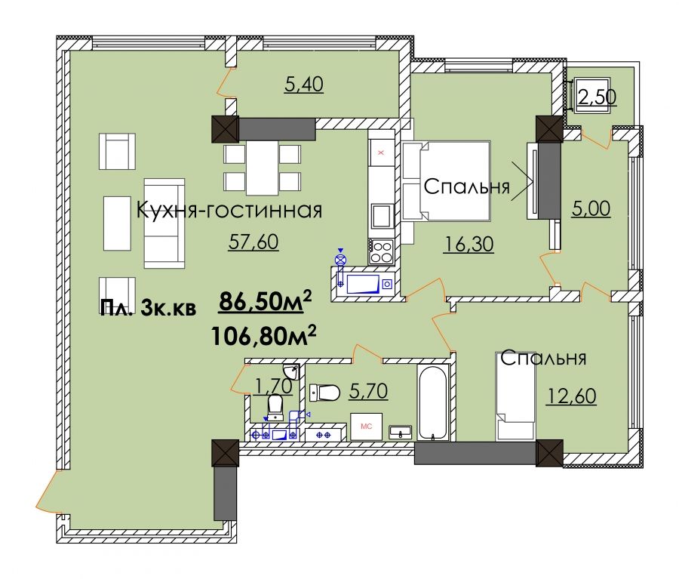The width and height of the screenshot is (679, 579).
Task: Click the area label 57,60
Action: coord(253,242)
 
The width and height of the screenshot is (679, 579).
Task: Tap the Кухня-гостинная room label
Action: coord(229,211)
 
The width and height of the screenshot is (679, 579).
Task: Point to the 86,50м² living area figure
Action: coord(266,300)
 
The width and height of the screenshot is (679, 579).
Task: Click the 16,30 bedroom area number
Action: coord(469,245)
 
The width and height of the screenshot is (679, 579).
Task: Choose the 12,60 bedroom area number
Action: coord(571,396)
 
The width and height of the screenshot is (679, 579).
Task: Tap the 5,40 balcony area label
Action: coord(304,85)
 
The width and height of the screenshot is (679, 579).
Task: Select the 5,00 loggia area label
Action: coord(591,208)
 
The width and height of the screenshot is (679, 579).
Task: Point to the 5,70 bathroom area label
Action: coord(368,391)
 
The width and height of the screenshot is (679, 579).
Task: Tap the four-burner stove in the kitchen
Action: coord(381,251)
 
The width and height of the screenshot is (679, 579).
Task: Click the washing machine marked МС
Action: coord(366,427)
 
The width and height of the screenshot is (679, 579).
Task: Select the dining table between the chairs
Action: coord(262,168)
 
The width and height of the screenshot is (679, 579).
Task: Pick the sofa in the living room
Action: coord(164,223)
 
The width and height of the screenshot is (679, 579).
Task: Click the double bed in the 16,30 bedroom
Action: coord(446,180)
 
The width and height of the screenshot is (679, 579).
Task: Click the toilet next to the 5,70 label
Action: coord(324,393)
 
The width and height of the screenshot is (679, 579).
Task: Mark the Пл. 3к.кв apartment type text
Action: coord(148,308)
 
